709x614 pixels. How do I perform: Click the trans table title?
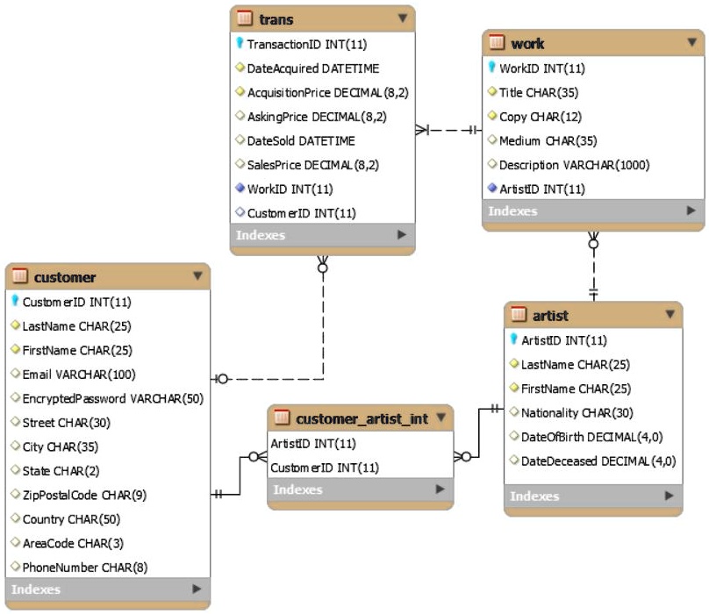[276, 18]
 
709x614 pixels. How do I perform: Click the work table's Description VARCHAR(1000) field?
[574, 165]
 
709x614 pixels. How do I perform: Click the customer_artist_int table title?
[362, 418]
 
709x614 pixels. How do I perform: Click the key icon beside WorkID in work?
[492, 68]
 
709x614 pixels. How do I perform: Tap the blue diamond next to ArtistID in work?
[492, 189]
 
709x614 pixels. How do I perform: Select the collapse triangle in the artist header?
[670, 314]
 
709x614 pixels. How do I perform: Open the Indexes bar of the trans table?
[321, 235]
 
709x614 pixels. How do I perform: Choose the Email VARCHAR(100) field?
[76, 374]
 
